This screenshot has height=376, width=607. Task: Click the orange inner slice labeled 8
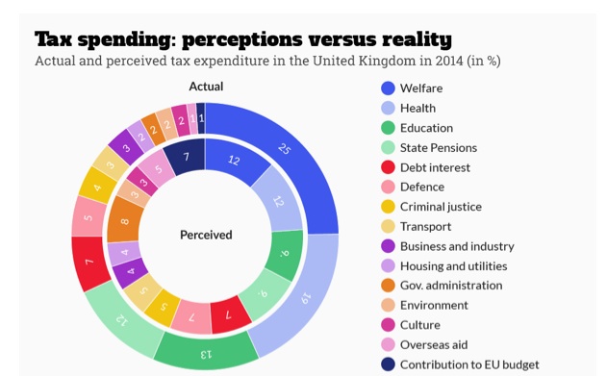pyautogui.click(x=124, y=220)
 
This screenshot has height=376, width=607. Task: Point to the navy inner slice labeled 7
pyautogui.click(x=186, y=157)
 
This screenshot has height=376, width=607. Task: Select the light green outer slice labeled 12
pyautogui.click(x=122, y=319)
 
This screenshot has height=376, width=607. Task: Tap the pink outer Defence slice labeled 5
pyautogui.click(x=89, y=217)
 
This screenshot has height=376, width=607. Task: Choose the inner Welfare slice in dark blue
pyautogui.click(x=234, y=161)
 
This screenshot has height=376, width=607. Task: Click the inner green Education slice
pyautogui.click(x=285, y=253)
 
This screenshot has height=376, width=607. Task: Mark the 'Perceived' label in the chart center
pyautogui.click(x=206, y=235)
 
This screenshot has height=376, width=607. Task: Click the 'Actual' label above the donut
pyautogui.click(x=206, y=87)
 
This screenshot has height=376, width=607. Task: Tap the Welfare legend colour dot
pyautogui.click(x=388, y=88)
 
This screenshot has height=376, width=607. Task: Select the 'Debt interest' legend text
pyautogui.click(x=435, y=167)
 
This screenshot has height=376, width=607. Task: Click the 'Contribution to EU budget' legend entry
pyautogui.click(x=460, y=364)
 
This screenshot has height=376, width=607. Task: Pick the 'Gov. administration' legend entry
pyautogui.click(x=442, y=286)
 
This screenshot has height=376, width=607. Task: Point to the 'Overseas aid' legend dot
pyautogui.click(x=388, y=344)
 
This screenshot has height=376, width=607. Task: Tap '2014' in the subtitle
pyautogui.click(x=449, y=61)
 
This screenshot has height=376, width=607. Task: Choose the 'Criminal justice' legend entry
pyautogui.click(x=431, y=207)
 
